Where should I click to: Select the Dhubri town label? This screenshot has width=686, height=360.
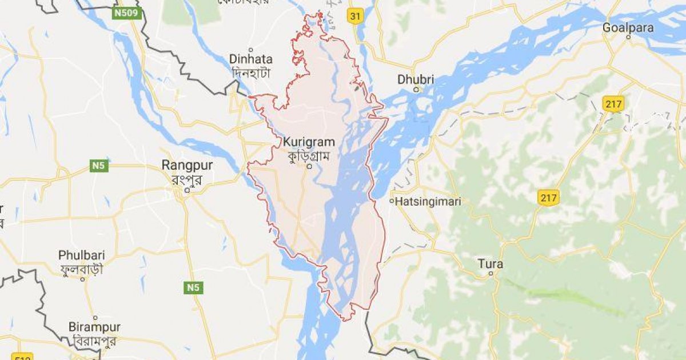(416, 79)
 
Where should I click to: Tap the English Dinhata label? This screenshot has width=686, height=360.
(251, 59)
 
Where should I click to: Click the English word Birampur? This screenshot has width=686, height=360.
(94, 327)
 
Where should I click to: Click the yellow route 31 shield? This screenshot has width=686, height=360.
(355, 17)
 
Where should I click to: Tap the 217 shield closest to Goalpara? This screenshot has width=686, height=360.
(612, 103)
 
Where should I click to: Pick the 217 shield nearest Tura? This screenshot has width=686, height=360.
(548, 198)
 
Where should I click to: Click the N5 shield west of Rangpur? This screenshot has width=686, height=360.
(98, 166)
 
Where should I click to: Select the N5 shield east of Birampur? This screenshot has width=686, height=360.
(193, 288)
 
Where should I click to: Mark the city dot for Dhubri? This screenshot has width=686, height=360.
(417, 89)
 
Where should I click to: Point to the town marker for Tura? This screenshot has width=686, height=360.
(491, 274)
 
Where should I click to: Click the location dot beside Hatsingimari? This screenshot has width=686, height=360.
(392, 201)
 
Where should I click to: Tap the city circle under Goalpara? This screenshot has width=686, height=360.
(628, 37)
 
